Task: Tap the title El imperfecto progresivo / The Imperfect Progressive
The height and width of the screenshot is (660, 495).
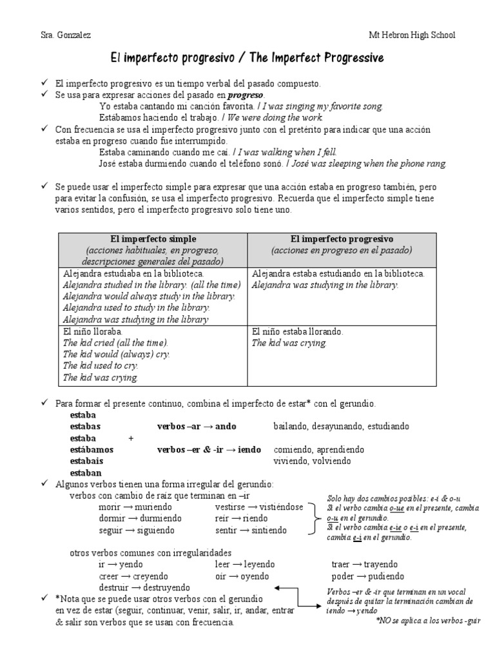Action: coord(247,59)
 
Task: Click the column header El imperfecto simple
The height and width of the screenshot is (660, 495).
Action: coord(153,238)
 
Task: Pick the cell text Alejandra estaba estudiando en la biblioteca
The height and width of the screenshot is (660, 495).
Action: coord(338,274)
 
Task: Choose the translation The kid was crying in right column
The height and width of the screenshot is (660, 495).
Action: coord(289,343)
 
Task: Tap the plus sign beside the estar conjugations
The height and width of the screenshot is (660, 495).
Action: coord(131,438)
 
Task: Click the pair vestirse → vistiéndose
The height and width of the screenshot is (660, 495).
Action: coord(258,507)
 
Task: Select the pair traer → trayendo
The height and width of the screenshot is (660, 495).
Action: coord(364,564)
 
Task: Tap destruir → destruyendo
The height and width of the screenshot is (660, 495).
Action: coord(144,587)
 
